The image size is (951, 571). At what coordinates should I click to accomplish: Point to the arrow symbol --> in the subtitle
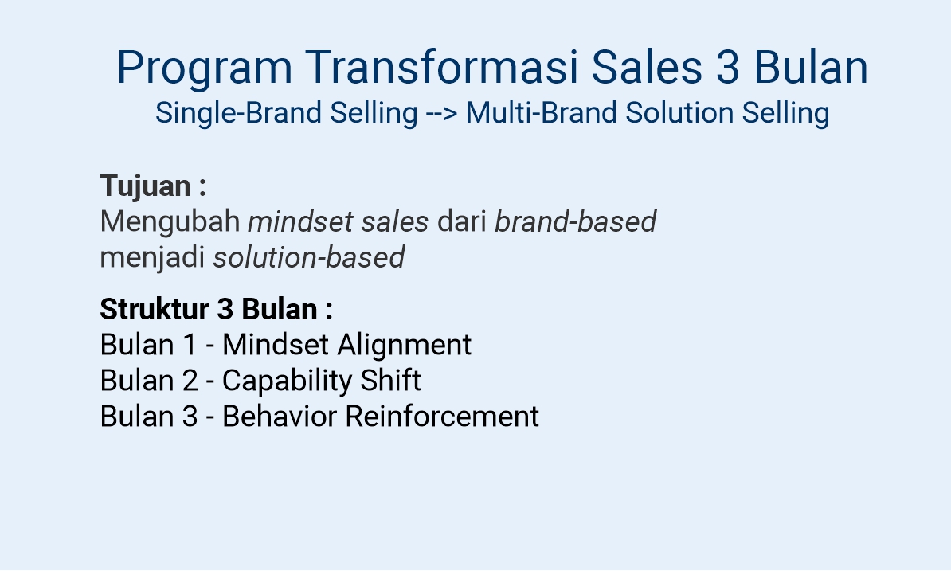click(x=442, y=113)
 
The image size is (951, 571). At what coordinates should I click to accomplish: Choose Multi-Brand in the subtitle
click(x=542, y=113)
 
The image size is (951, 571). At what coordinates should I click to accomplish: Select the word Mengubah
click(x=170, y=222)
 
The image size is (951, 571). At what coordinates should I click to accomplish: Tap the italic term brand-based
click(x=575, y=222)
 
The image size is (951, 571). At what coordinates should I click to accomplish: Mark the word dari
click(x=461, y=222)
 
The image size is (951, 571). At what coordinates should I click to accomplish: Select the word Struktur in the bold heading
click(x=154, y=309)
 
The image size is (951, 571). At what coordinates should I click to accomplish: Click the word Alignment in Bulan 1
click(x=404, y=345)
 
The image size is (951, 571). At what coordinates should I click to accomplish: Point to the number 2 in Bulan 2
click(x=190, y=381)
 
